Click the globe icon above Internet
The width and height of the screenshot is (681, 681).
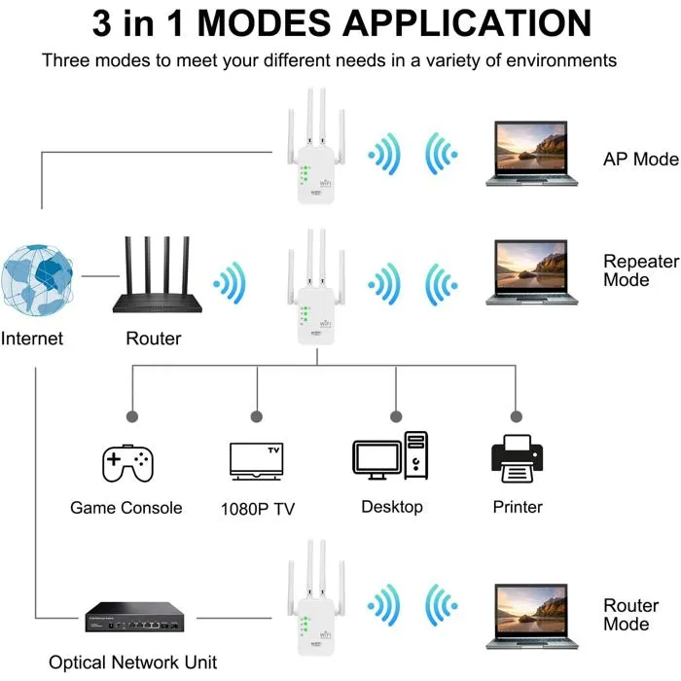(x=38, y=275)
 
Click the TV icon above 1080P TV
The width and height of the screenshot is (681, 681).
(x=256, y=461)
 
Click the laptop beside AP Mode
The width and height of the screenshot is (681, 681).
(x=532, y=153)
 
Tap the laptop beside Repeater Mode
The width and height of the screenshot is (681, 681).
(x=532, y=271)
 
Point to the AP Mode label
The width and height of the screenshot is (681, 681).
(x=640, y=160)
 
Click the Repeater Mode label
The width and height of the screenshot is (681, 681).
(x=639, y=270)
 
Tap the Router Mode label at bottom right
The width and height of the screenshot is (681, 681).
(x=631, y=615)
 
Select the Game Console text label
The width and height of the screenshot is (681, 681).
(x=126, y=508)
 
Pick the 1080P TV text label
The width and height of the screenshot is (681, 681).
(x=257, y=509)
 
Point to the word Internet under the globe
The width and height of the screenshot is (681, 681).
(x=32, y=339)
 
